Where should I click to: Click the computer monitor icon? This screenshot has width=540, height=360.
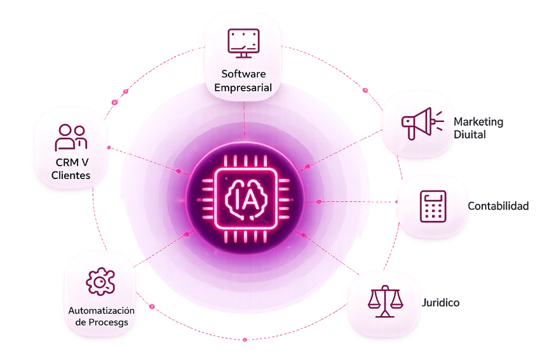pyautogui.click(x=243, y=43)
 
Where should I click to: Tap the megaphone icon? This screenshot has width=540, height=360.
pyautogui.click(x=422, y=124)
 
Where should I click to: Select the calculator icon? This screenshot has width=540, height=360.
pyautogui.click(x=433, y=206)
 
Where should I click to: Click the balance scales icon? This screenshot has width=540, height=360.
pyautogui.click(x=385, y=301)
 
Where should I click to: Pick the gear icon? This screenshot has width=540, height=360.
pyautogui.click(x=100, y=281)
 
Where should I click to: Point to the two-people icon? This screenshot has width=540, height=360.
pyautogui.click(x=71, y=138)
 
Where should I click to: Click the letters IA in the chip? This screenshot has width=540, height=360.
pyautogui.click(x=245, y=199)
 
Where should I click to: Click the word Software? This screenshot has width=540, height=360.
pyautogui.click(x=243, y=74)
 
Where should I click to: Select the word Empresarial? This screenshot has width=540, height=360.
pyautogui.click(x=243, y=88)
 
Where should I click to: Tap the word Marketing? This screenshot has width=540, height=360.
pyautogui.click(x=478, y=121)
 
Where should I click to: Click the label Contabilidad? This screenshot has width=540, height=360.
pyautogui.click(x=498, y=206)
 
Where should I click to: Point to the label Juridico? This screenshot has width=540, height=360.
pyautogui.click(x=440, y=302)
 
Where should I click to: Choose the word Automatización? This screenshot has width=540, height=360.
pyautogui.click(x=101, y=310)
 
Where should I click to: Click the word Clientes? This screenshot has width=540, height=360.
pyautogui.click(x=71, y=175)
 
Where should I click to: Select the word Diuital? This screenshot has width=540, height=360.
pyautogui.click(x=469, y=134)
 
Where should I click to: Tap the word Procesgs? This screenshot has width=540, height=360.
pyautogui.click(x=108, y=323)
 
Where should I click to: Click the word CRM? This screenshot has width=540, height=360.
pyautogui.click(x=67, y=162)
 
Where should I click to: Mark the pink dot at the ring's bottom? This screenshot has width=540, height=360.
pyautogui.click(x=245, y=340)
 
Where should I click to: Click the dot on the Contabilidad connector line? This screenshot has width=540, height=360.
pyautogui.click(x=319, y=202)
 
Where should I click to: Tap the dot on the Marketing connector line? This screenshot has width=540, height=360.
pyautogui.click(x=307, y=166)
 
